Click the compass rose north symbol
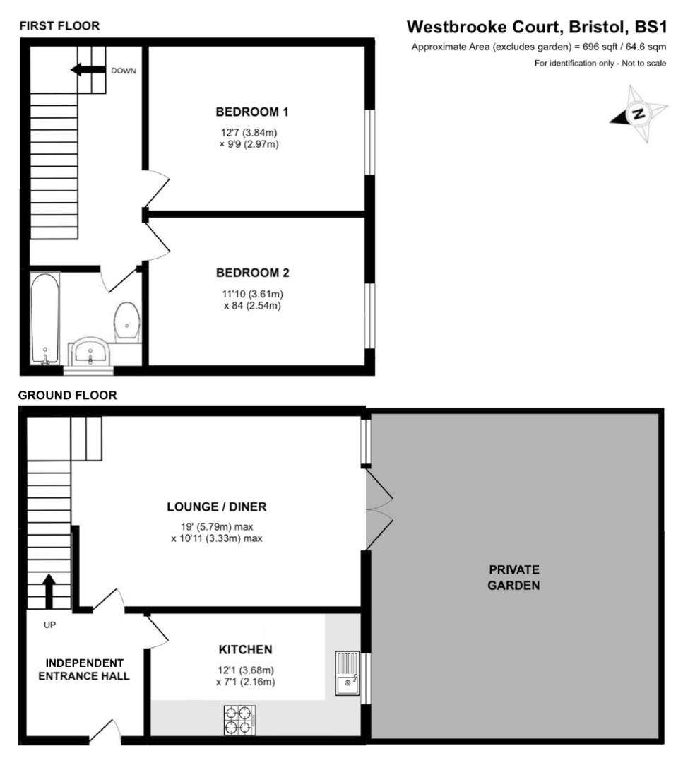639,114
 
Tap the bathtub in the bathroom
45,318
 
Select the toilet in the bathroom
127,322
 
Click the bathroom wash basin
90,351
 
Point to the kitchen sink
348,673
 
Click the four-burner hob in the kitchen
240,720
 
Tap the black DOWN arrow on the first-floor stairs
88,69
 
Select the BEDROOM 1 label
252,112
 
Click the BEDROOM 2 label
252,273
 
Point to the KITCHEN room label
245,650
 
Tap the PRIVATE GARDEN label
513,578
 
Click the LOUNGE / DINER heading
216,507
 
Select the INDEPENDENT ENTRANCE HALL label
84,670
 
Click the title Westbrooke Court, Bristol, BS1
537,27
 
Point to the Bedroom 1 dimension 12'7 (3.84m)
249,132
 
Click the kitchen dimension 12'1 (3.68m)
246,670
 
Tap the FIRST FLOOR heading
59,26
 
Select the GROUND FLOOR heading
68,395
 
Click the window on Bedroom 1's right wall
370,141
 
